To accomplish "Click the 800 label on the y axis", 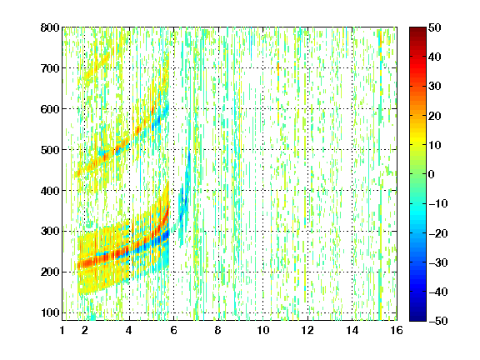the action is tap(50, 27).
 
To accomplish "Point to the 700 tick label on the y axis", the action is tap(50, 68).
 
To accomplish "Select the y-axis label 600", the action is tap(50, 109).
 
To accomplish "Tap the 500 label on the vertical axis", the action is tap(50, 150).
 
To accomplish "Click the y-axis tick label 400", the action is tap(50, 191).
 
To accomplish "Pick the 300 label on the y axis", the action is tap(50, 232).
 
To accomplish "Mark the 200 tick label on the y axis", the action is tap(50, 272).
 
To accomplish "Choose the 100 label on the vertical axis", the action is tap(50, 312).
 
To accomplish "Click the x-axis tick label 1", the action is tap(62, 330).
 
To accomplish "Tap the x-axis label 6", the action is tap(173, 330).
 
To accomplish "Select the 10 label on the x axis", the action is tap(263, 330).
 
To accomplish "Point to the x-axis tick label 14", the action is tap(352, 330).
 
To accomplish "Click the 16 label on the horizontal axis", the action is tap(397, 330).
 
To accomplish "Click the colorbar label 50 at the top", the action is tap(435, 27).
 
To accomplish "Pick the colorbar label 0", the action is tap(432, 174).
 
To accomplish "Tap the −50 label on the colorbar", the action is tap(438, 321).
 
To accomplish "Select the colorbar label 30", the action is tap(435, 87).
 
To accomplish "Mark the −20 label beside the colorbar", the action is tap(438, 233).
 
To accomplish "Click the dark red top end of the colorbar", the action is tap(417, 28).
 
